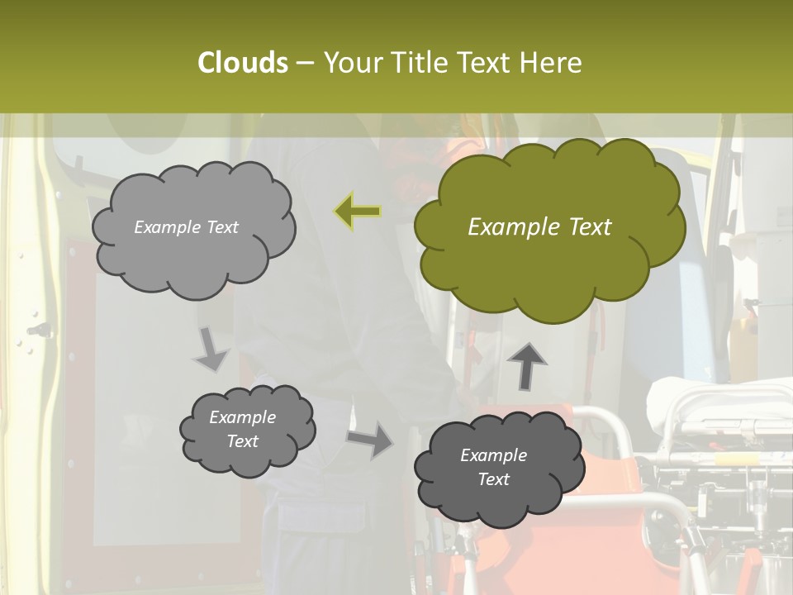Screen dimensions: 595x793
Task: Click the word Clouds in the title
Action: (242, 63)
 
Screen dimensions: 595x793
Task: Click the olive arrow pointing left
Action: (358, 212)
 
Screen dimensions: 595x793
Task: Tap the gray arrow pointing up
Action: (527, 365)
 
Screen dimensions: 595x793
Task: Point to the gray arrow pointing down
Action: (211, 349)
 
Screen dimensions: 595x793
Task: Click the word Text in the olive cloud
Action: (590, 227)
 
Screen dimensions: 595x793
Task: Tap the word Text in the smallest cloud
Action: (242, 441)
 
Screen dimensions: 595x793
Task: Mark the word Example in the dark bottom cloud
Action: (493, 455)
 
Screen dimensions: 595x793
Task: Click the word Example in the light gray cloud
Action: (167, 227)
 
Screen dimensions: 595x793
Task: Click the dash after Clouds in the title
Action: (304, 63)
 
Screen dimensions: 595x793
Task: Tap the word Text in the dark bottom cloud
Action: (493, 479)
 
